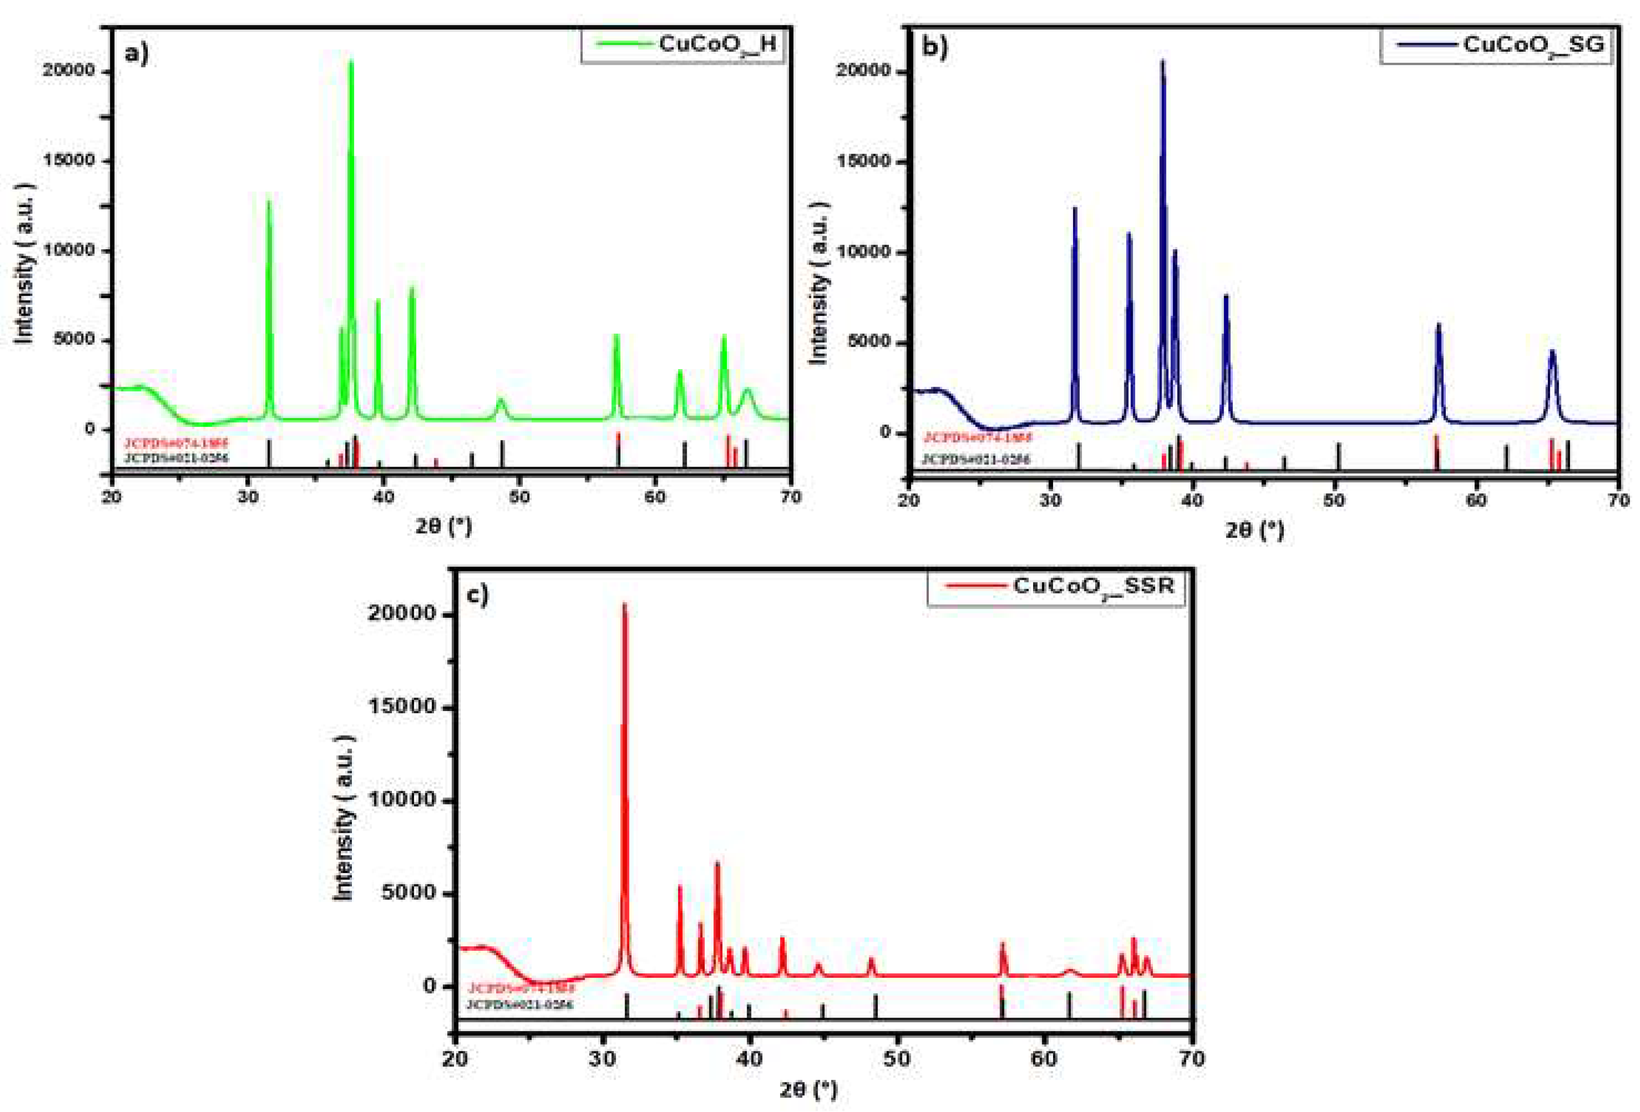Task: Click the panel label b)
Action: point(935,46)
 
